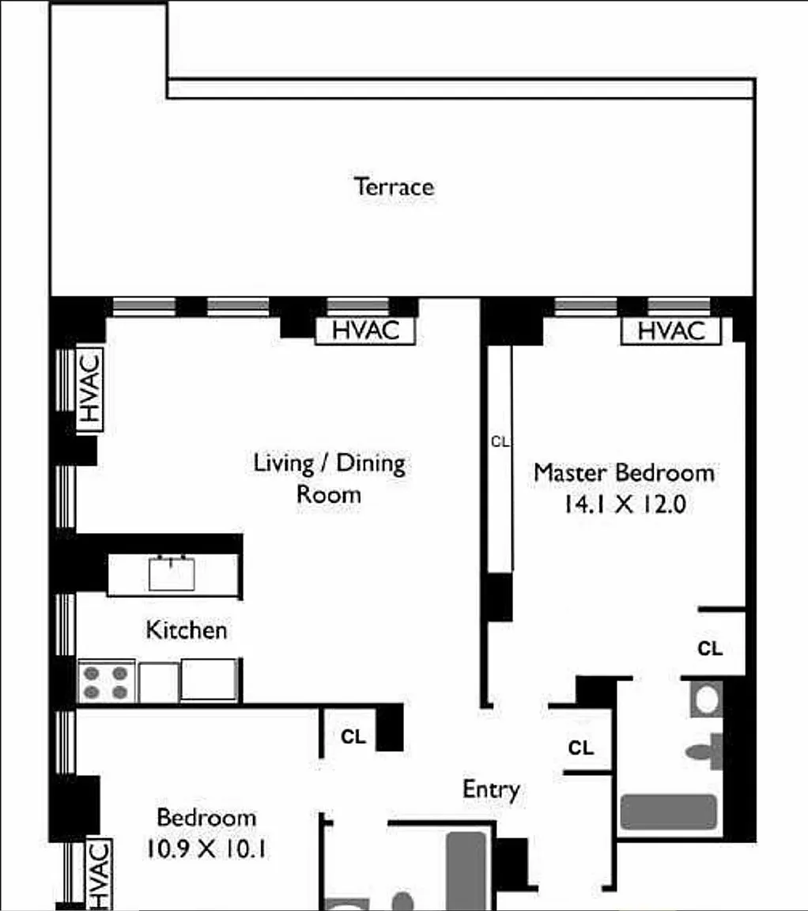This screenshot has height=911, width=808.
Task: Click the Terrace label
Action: [x=394, y=187]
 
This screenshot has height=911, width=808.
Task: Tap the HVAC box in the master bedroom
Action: [x=671, y=331]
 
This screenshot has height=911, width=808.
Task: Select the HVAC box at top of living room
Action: [x=365, y=331]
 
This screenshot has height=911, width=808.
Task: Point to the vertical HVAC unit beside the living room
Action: [x=90, y=389]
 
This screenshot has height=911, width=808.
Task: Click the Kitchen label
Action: [x=187, y=630]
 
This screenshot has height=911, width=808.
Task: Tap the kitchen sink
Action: [x=172, y=573]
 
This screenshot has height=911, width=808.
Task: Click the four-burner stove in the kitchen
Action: [x=106, y=682]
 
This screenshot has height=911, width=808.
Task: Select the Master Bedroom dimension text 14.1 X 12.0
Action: [x=625, y=505]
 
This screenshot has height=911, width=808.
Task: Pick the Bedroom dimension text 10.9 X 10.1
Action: [x=206, y=849]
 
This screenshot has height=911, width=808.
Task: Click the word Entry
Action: [x=491, y=790]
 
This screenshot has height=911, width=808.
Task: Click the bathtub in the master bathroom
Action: [x=668, y=811]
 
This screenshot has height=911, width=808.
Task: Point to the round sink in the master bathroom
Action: [x=706, y=700]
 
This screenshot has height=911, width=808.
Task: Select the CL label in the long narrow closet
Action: [x=500, y=442]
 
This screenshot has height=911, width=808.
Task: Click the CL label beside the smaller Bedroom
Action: [x=353, y=737]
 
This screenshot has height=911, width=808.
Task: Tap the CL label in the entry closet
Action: [x=581, y=748]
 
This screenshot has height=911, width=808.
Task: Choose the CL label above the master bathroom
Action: [x=710, y=648]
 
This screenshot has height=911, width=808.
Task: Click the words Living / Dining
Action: [x=330, y=463]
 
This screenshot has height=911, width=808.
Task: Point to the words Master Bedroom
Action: [x=625, y=473]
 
